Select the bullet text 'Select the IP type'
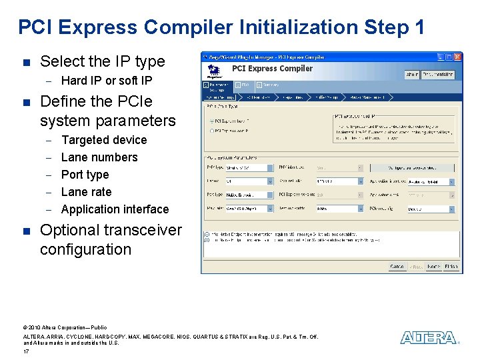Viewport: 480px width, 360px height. pos(102,61)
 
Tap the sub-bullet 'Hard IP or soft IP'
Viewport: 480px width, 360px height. pos(106,81)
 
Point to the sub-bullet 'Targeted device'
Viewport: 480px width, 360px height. pos(103,140)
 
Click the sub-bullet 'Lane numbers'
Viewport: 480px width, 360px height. pos(99,157)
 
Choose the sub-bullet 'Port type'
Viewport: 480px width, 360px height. pos(85,175)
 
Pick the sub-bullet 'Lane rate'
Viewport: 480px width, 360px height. pos(86,192)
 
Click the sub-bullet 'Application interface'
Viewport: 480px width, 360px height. pos(115,209)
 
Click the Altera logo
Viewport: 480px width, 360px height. pos(429,338)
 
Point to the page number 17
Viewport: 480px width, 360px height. pos(26,351)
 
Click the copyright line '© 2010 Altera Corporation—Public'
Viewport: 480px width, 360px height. pos(65,327)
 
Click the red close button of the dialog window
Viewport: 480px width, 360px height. pos(457,57)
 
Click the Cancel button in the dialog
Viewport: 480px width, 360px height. pos(397,267)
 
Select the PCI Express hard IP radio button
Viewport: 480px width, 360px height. pos(212,121)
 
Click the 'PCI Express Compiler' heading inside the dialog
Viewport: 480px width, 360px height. pos(272,69)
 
